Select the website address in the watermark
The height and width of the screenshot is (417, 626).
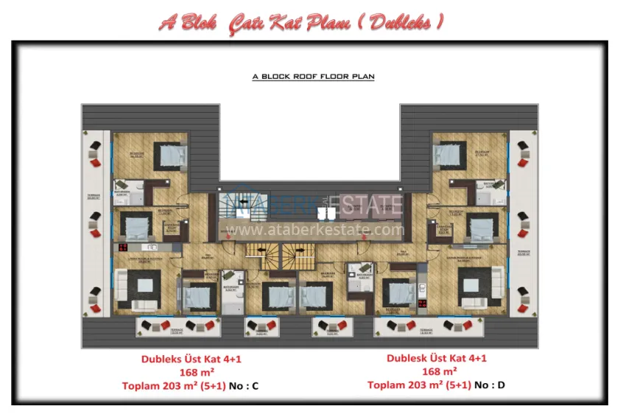(x=315, y=229)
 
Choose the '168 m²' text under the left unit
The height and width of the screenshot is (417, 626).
(x=190, y=372)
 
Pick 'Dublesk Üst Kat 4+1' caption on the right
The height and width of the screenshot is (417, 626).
(x=436, y=359)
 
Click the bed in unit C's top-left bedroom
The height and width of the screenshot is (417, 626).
(x=171, y=155)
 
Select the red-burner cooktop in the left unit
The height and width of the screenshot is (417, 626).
(x=123, y=248)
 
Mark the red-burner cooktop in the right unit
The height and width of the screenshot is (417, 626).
(x=423, y=303)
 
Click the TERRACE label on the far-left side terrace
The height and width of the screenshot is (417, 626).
(x=92, y=197)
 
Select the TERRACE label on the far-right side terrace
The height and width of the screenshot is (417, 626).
(x=523, y=251)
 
